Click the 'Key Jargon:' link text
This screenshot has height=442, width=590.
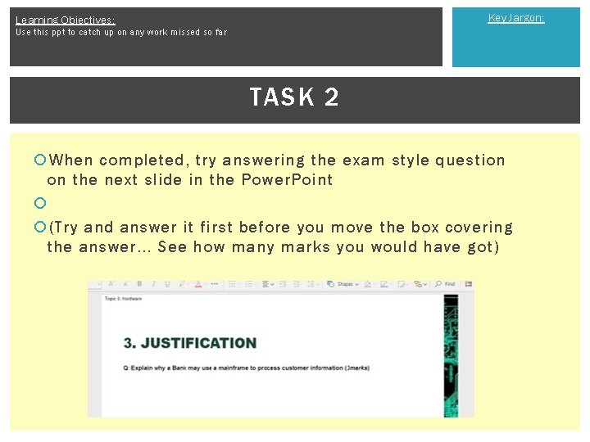(x=515, y=18)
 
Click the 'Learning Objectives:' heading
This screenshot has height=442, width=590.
(x=65, y=20)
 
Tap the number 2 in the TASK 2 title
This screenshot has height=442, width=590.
(x=331, y=97)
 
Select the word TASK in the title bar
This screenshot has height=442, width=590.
(x=282, y=97)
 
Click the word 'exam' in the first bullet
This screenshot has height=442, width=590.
(x=365, y=160)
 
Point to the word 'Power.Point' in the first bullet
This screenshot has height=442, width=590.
(x=288, y=180)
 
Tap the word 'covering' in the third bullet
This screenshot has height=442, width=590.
(x=479, y=228)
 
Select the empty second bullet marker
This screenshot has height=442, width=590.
(x=39, y=202)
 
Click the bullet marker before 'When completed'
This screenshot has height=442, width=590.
(x=39, y=160)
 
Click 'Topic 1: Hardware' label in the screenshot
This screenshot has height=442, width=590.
(x=123, y=299)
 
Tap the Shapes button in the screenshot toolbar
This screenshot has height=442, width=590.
(x=341, y=284)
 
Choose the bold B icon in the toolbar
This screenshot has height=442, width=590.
(x=139, y=284)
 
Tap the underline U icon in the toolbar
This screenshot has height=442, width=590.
(x=168, y=284)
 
